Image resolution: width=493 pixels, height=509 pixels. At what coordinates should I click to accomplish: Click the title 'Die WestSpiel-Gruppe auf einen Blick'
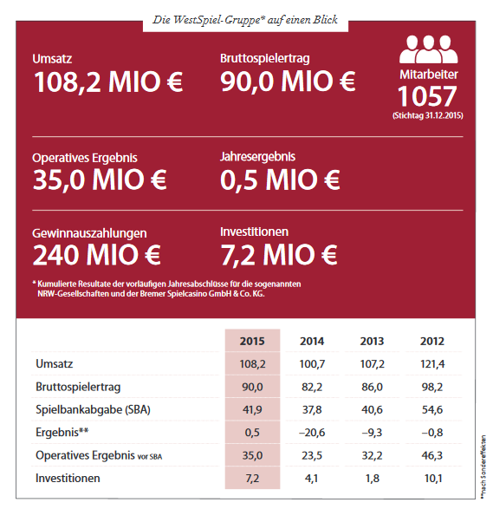tap(245, 20)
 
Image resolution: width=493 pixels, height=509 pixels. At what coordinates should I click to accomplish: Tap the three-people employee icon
tap(429, 49)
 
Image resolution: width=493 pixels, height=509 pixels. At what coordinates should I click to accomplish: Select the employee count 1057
tap(427, 96)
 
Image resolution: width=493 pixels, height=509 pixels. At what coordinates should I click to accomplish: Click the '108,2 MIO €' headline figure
tap(108, 82)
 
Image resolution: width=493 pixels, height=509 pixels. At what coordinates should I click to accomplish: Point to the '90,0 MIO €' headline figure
tap(288, 82)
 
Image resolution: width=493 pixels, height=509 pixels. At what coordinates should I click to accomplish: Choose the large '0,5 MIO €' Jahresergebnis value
tap(280, 179)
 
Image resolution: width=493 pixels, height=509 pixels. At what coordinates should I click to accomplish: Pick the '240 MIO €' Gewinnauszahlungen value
tap(97, 255)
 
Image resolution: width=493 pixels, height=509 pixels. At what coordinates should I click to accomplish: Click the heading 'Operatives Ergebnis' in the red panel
tap(85, 158)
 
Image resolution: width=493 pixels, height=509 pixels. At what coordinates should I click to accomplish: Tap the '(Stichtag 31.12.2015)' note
tap(428, 115)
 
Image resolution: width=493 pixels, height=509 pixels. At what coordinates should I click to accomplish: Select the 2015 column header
tap(252, 341)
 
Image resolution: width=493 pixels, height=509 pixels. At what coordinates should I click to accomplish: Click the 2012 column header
tap(432, 341)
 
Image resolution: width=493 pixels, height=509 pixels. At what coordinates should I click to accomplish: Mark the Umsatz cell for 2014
tap(312, 364)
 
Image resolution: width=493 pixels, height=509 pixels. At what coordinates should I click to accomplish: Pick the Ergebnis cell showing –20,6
tap(312, 433)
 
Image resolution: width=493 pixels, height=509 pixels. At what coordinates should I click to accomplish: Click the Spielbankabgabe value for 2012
tap(432, 409)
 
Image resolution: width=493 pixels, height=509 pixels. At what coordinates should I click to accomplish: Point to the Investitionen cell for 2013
tap(373, 478)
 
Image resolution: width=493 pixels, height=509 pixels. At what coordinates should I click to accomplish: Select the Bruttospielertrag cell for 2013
tap(373, 387)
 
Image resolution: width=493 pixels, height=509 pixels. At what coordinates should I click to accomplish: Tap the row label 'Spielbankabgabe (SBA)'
tap(93, 409)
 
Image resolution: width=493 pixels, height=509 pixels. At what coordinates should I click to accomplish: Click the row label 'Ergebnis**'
tap(62, 433)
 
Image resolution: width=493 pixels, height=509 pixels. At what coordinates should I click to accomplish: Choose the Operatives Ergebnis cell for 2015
tap(252, 455)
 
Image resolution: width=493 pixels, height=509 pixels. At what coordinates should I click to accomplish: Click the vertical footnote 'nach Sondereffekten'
tap(483, 467)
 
